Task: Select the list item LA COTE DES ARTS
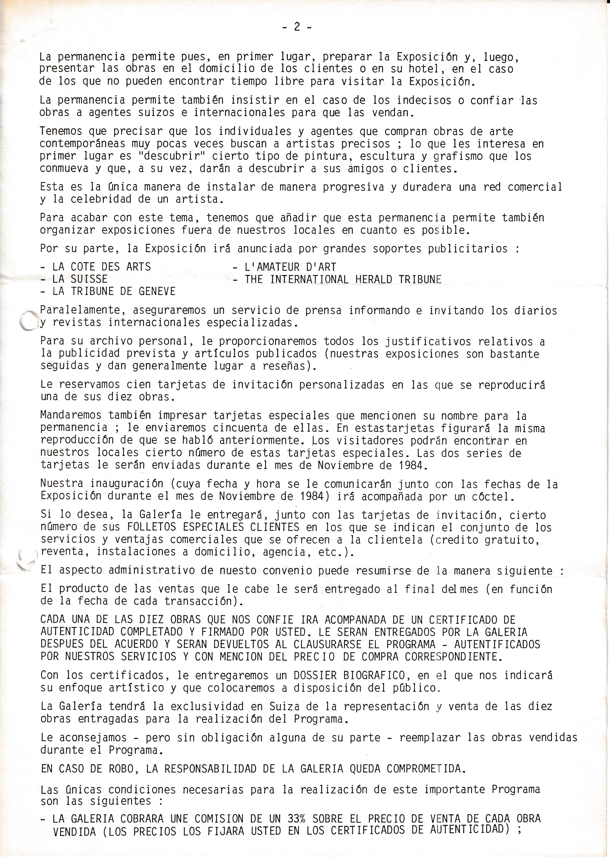pyautogui.click(x=101, y=267)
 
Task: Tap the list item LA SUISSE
pyautogui.click(x=80, y=279)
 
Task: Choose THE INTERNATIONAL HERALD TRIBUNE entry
pyautogui.click(x=343, y=279)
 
